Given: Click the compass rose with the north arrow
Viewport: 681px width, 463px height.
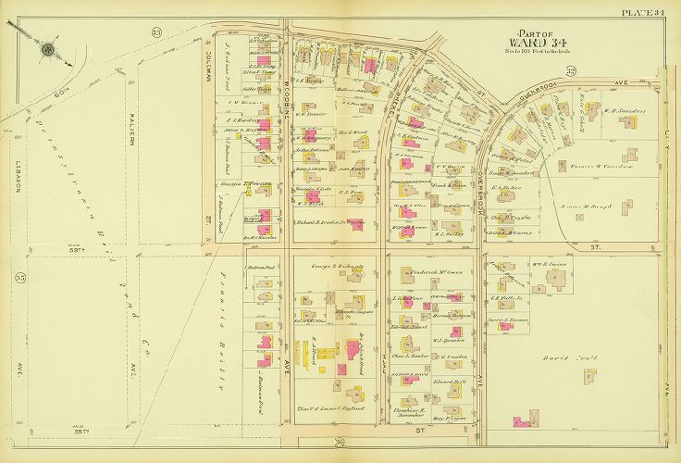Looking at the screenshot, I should (x=47, y=50).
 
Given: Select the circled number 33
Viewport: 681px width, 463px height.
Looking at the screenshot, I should (x=157, y=33).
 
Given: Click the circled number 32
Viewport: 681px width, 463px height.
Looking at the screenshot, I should (x=571, y=71).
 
